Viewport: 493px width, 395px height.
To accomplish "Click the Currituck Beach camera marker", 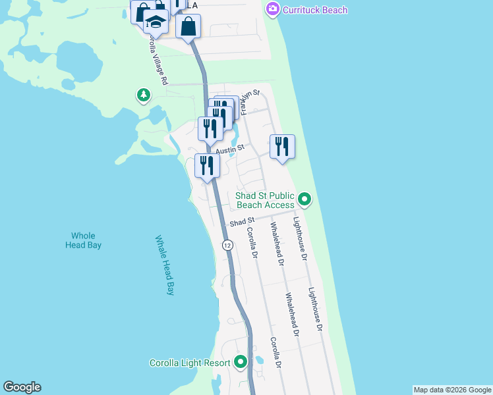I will [272, 9].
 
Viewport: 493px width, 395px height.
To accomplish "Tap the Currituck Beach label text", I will [314, 10].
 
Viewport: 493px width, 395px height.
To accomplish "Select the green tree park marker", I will [143, 96].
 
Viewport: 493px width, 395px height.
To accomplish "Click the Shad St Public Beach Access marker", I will [304, 198].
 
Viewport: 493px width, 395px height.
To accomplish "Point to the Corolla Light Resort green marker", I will [241, 362].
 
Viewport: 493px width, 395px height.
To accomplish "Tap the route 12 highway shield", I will [227, 245].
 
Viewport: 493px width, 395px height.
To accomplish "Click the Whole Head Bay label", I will [83, 240].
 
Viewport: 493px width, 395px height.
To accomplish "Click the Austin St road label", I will [231, 149].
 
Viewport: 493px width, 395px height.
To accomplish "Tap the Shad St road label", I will [242, 223].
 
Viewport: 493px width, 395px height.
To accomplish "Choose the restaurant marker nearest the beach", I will [282, 147].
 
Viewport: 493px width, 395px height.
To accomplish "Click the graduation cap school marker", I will [156, 23].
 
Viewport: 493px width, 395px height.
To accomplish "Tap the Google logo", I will [22, 387].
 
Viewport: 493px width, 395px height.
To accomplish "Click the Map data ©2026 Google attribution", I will [452, 390].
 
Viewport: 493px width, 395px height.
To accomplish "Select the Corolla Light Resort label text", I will [190, 363].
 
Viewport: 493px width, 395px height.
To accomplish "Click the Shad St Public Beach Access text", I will [265, 200].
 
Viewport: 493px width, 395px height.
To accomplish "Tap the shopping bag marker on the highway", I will [188, 27].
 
